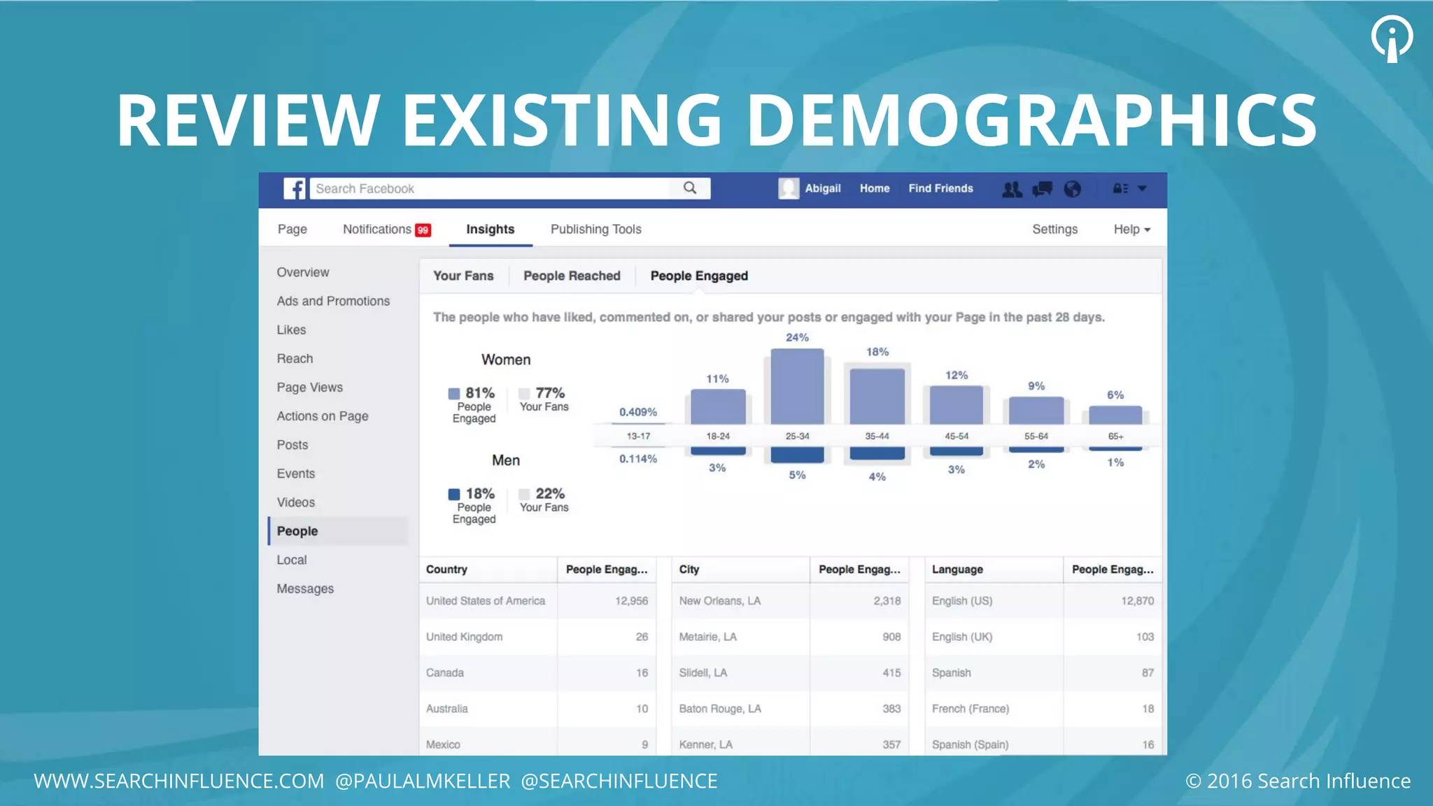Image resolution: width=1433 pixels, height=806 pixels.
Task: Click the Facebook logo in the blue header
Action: click(295, 189)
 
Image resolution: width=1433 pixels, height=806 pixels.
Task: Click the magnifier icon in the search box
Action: click(690, 188)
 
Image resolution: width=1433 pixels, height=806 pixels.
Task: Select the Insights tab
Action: click(490, 229)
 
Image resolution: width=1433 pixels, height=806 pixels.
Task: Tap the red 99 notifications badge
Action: click(423, 230)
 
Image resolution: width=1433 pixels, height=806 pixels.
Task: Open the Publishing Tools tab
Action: click(595, 229)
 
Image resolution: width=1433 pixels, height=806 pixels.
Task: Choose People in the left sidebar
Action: click(297, 531)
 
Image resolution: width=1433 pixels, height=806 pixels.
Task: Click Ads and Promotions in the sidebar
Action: click(333, 301)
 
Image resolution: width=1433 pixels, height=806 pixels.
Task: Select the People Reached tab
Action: click(572, 276)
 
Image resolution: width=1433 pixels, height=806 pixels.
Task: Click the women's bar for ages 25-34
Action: click(797, 387)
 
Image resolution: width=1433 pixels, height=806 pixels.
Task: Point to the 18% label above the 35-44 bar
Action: click(877, 352)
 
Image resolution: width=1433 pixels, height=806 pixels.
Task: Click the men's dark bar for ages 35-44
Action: click(877, 453)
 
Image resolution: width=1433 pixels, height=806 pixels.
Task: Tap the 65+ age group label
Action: click(1115, 436)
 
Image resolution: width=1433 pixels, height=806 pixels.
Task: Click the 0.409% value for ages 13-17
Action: click(637, 412)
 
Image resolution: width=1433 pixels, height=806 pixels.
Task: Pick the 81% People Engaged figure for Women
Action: click(479, 393)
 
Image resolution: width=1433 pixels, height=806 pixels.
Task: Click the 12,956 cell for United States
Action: click(631, 601)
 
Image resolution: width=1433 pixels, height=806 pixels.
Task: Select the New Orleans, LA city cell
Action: click(719, 601)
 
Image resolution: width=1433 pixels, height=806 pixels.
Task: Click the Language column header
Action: click(957, 570)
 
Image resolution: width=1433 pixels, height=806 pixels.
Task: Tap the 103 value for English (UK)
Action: click(1145, 637)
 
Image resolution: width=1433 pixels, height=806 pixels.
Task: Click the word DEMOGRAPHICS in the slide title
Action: click(1031, 120)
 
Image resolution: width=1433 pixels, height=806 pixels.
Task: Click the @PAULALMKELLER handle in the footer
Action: click(423, 781)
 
